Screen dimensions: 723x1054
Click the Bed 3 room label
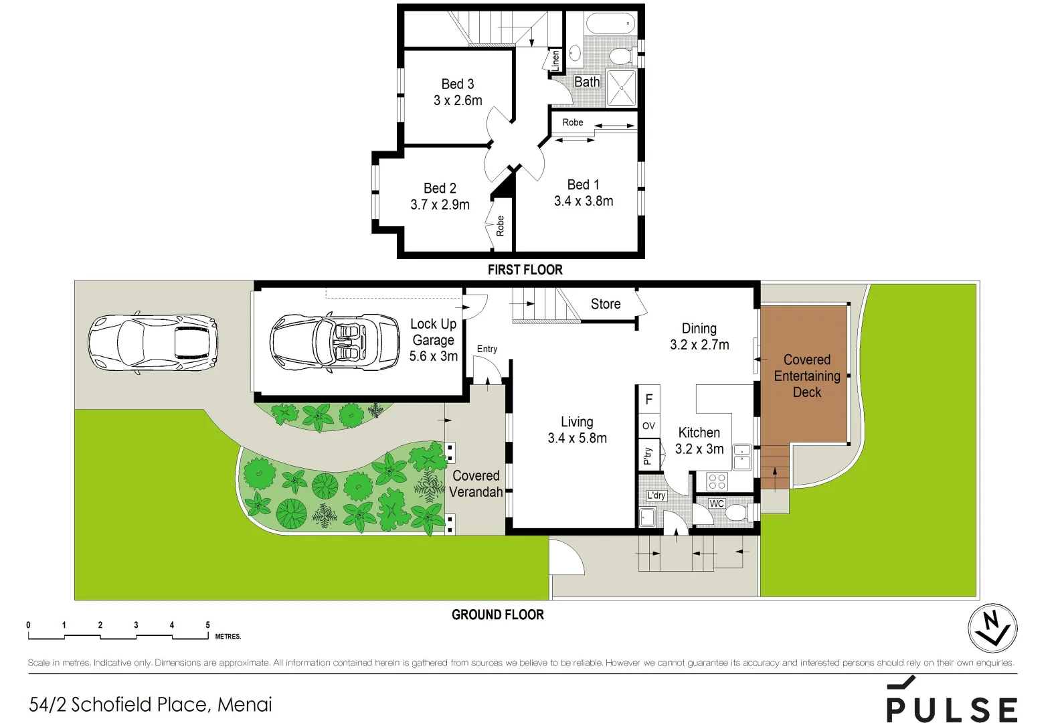coord(458,84)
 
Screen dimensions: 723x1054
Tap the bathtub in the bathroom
coord(609,25)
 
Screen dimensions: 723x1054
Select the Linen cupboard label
coord(555,61)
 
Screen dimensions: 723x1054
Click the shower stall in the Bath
coord(621,87)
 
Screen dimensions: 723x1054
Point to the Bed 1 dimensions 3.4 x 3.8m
coord(584,202)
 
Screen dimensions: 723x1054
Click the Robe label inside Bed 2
coord(500,226)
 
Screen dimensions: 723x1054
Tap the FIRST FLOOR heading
coord(525,270)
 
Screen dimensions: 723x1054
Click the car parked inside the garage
coord(335,342)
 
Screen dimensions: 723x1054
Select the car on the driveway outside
coord(153,343)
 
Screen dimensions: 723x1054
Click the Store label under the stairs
coord(606,304)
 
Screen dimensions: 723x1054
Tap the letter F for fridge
coord(648,400)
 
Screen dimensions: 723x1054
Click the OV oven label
coord(648,426)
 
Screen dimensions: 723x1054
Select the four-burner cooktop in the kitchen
coord(717,481)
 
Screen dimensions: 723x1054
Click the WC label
coord(717,503)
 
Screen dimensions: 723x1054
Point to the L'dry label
coord(656,495)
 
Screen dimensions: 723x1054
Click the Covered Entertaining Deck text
coord(806,376)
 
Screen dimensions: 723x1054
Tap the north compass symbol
coord(992,628)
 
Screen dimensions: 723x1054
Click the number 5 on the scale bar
coord(207,625)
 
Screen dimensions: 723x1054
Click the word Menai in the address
coord(245,704)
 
